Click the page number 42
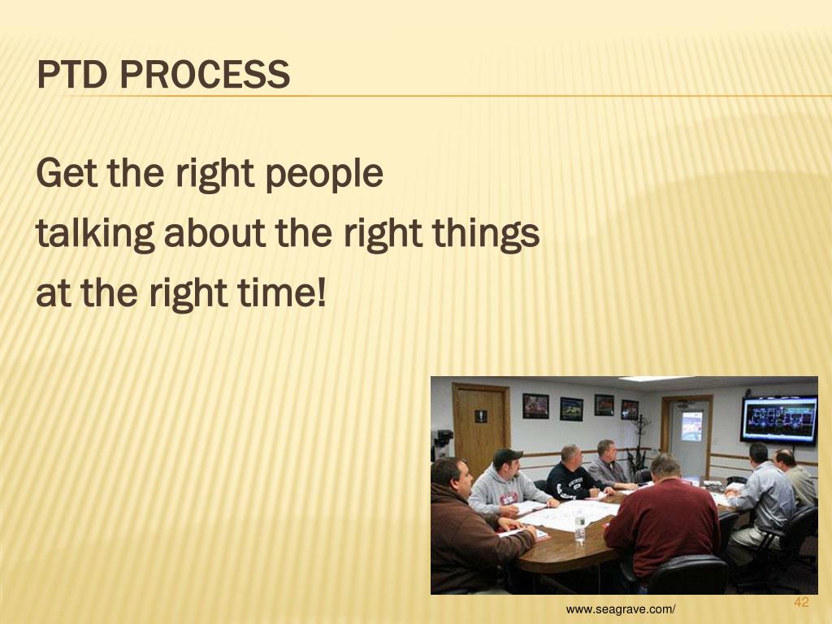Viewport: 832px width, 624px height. point(801,602)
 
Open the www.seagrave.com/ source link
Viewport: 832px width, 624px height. point(622,610)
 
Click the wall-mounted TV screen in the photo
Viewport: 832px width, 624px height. point(778,419)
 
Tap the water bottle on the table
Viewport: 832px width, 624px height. point(579,531)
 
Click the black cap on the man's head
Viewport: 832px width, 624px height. point(507,456)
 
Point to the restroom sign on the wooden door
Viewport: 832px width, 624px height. point(480,416)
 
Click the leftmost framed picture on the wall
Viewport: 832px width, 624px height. point(535,405)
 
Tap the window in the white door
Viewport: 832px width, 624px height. point(691,426)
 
